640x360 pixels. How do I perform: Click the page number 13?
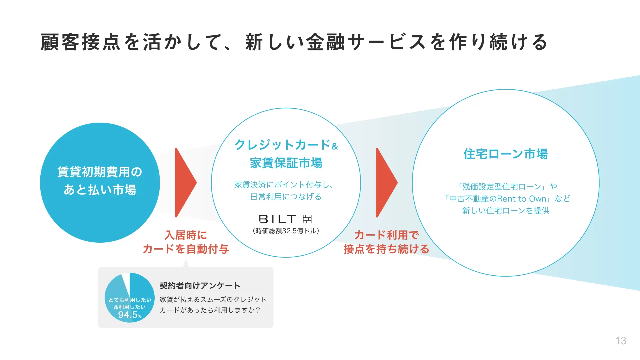(620, 341)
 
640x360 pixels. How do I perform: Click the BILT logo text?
(277, 219)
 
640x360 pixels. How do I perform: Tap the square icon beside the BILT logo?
(307, 219)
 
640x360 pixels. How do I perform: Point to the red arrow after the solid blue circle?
(185, 183)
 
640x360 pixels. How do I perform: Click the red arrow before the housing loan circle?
(386, 183)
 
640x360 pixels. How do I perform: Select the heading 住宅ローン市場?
(505, 154)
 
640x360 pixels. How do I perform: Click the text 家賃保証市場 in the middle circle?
(286, 163)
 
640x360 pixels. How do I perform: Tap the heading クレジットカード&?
(286, 145)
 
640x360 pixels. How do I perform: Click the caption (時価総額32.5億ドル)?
(286, 231)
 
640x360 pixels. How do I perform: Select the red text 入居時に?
(186, 235)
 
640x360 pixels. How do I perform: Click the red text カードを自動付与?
(186, 249)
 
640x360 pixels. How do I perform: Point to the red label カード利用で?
(386, 235)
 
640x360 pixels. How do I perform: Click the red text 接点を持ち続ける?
(386, 249)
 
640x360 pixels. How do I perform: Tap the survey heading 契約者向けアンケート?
(200, 286)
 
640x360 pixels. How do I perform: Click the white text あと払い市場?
(100, 190)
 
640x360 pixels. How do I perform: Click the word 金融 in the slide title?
(325, 42)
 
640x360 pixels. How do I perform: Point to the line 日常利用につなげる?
(286, 197)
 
